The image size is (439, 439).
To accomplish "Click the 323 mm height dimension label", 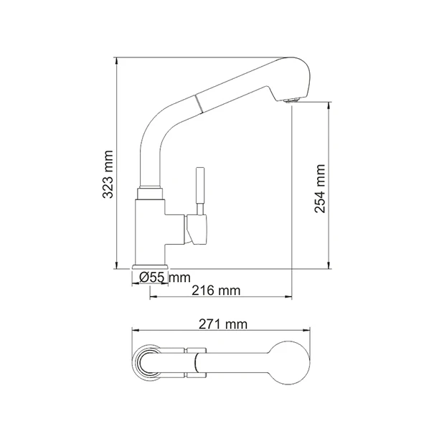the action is [108, 174].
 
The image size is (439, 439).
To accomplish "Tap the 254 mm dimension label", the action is [320, 189].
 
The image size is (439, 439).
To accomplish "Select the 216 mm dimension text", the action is [216, 291].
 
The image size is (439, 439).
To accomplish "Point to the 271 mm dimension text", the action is [223, 324].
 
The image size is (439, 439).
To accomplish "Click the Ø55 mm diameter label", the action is [165, 278].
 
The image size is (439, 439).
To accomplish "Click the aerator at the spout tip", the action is [292, 100].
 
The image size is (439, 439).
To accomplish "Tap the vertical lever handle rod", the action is [200, 191].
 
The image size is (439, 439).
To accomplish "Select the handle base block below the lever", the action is [197, 229].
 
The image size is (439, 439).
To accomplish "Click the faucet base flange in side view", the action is [151, 266].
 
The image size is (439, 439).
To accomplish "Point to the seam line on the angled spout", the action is [198, 103].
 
